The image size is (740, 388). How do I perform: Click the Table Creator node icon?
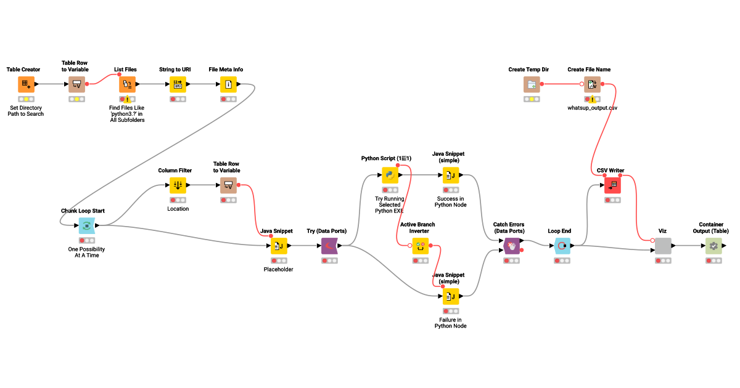(x=26, y=84)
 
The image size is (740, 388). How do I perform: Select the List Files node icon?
(x=127, y=84)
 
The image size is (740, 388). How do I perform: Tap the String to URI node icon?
(x=178, y=84)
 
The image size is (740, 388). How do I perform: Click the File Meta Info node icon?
(x=228, y=84)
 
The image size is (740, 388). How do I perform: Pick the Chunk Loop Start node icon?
(x=86, y=226)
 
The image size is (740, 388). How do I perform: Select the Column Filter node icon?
(x=178, y=185)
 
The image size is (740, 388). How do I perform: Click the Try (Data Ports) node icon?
(x=329, y=246)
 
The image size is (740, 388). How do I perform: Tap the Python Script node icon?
(x=390, y=176)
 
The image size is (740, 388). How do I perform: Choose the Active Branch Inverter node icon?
(x=421, y=246)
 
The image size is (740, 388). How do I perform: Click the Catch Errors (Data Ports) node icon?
(x=512, y=246)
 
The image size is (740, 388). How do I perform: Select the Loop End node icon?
(x=562, y=246)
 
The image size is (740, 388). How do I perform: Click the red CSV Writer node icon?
(x=612, y=185)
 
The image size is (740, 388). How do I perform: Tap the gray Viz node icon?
(x=663, y=246)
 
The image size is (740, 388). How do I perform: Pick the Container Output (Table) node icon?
(x=713, y=246)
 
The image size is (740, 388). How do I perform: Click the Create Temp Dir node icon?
(x=532, y=84)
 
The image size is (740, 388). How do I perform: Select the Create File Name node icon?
(x=592, y=84)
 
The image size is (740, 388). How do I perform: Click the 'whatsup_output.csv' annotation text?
(x=592, y=108)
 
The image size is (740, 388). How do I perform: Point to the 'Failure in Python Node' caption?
(x=451, y=323)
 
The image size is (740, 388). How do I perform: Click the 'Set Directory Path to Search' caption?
(x=26, y=111)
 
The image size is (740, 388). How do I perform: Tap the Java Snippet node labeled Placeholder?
(x=279, y=246)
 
